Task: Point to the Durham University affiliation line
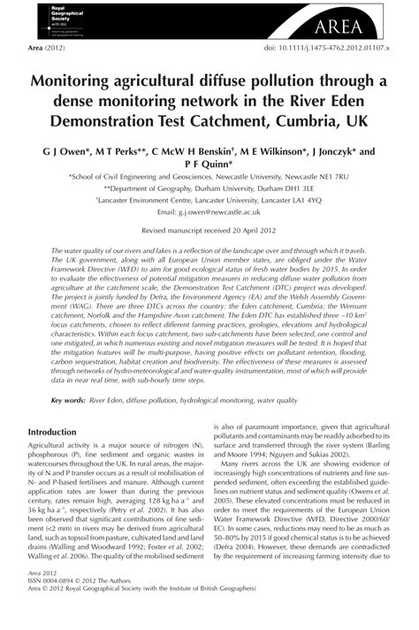[209, 188]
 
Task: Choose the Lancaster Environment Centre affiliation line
[209, 201]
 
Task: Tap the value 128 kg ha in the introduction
[137, 500]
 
